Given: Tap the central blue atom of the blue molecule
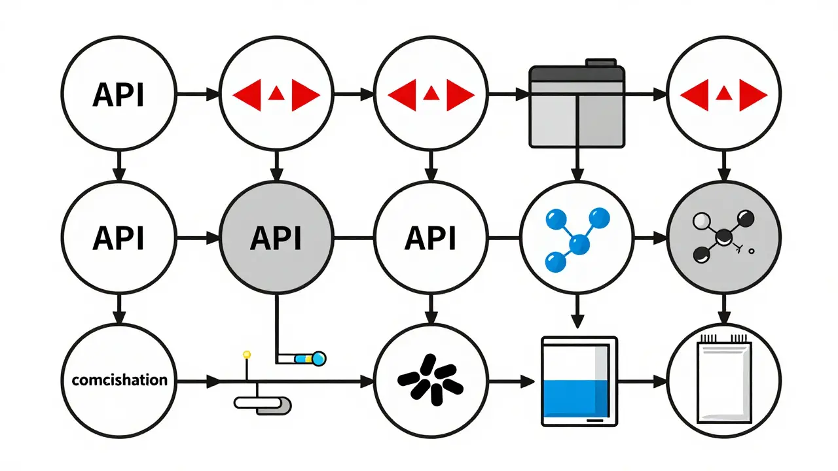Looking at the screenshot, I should (577, 245).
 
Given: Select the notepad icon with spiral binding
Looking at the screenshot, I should (722, 379).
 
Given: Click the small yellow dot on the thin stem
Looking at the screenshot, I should (247, 355).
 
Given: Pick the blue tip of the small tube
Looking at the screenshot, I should (319, 358).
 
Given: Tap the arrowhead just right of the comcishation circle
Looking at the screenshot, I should (214, 379).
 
